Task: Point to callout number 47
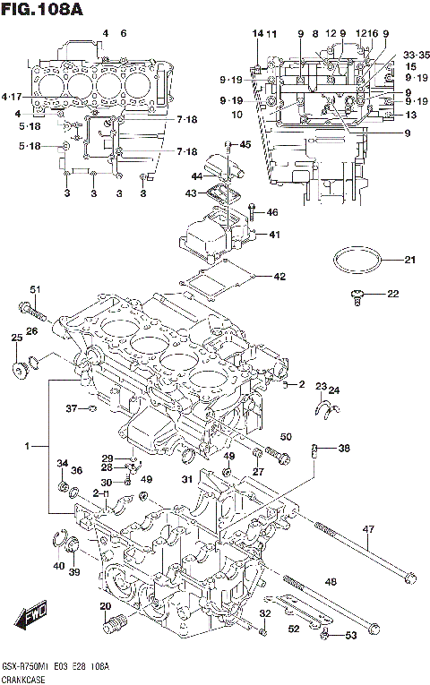(x=367, y=530)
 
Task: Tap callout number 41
(x=274, y=235)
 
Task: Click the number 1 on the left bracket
(x=28, y=445)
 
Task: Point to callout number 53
(x=350, y=635)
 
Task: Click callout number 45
(x=245, y=144)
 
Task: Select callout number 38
(x=344, y=449)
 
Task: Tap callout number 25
(x=16, y=338)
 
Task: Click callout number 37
(x=73, y=409)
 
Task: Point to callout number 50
(x=286, y=436)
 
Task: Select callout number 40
(x=58, y=565)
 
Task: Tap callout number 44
(x=197, y=176)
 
